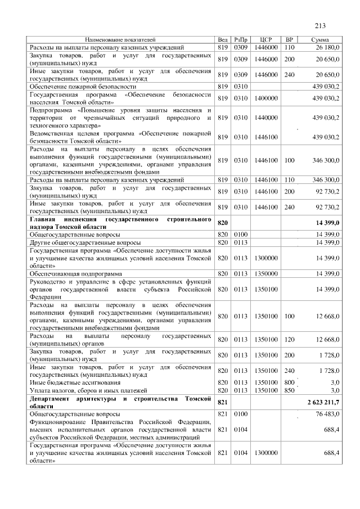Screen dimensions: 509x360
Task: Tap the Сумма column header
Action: tap(320, 40)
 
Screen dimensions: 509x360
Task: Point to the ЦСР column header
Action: tap(266, 40)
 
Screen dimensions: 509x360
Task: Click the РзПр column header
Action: tap(241, 40)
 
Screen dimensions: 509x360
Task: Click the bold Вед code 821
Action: tap(222, 403)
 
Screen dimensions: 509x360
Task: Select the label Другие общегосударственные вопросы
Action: tap(76, 242)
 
